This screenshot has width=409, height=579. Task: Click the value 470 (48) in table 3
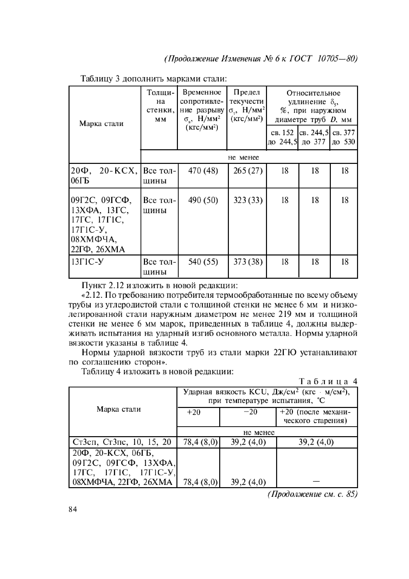(x=203, y=171)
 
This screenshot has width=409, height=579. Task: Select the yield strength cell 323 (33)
(x=248, y=200)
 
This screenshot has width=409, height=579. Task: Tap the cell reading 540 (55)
(x=203, y=262)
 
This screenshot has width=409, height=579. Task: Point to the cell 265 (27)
(x=248, y=171)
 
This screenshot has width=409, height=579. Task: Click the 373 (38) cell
(x=248, y=262)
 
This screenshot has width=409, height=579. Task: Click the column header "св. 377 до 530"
(x=343, y=137)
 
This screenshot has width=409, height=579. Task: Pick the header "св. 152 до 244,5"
(x=282, y=137)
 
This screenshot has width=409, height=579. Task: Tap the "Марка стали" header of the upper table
(x=101, y=124)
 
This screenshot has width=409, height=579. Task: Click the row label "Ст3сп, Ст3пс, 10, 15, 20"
(x=122, y=442)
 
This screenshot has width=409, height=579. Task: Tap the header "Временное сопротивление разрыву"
(x=202, y=106)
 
